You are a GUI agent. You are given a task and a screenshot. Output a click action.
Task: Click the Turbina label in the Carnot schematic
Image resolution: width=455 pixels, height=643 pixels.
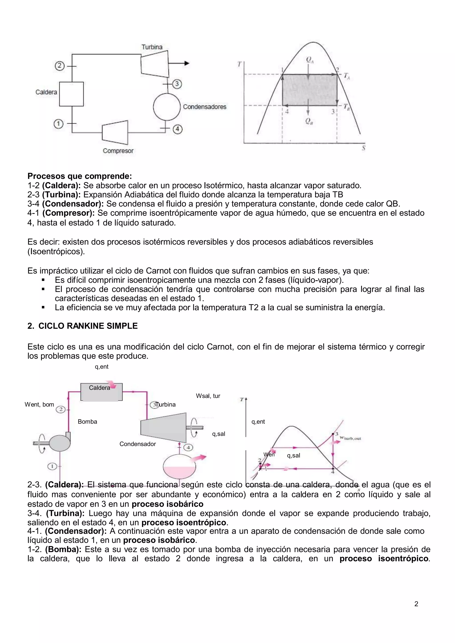coord(152,47)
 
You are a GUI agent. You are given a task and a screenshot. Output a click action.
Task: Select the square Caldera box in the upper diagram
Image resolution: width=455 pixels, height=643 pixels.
coord(72,94)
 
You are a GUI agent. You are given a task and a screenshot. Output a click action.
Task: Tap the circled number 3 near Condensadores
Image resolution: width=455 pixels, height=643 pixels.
coord(177,84)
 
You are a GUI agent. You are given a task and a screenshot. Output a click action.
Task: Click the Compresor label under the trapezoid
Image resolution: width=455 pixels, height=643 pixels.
coord(118,151)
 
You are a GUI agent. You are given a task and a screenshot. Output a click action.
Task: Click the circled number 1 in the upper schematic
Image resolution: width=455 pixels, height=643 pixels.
coord(58,124)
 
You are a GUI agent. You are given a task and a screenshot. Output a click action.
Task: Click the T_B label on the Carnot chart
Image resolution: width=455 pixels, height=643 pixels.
coord(347,107)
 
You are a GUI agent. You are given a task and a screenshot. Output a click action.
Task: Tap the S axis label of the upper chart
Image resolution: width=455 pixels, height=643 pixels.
coord(363,148)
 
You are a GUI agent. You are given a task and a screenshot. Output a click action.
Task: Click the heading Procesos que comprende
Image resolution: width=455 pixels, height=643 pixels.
coord(80,176)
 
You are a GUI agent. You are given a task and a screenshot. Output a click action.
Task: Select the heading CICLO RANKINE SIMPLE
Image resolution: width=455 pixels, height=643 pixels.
coord(88,326)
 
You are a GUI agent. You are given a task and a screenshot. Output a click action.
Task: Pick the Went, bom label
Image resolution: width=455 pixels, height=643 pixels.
coord(39,404)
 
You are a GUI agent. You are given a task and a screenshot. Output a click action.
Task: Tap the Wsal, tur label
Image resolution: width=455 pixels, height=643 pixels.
coord(208,396)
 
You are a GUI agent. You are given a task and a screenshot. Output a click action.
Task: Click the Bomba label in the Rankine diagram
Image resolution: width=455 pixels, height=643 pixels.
coord(87,422)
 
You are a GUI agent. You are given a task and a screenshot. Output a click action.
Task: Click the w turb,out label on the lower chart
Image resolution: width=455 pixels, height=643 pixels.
coord(350,438)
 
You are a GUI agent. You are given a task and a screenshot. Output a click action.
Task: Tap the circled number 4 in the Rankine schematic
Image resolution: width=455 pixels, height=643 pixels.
coord(188,447)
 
